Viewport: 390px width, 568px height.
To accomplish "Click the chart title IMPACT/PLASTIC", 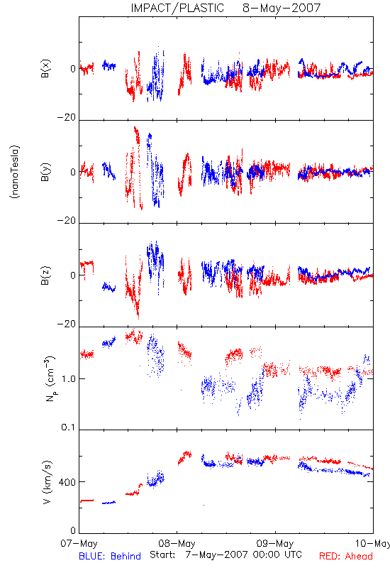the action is click(177, 8).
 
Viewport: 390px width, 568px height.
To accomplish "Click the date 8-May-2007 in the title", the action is click(282, 8).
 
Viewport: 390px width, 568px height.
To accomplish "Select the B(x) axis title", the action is click(45, 69).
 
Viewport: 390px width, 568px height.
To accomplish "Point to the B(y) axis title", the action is click(45, 172).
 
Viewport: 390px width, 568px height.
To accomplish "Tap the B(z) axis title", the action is click(45, 275).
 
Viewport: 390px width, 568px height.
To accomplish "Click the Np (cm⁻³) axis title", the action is click(50, 379).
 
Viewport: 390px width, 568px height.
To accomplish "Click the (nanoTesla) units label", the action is click(15, 172).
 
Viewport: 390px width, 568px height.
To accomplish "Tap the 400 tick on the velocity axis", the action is click(67, 482).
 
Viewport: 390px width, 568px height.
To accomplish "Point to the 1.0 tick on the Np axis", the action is click(69, 379).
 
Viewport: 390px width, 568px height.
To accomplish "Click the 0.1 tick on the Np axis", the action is click(68, 427).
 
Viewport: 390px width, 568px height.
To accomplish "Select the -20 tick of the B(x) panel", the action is click(67, 117).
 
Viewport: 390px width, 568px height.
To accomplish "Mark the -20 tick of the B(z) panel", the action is click(67, 324).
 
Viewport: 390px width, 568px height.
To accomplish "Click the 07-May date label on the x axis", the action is click(79, 543).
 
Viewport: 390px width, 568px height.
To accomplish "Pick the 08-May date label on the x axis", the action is click(177, 543).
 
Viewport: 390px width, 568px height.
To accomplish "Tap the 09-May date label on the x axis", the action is click(275, 543).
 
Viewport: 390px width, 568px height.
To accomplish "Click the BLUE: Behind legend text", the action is click(110, 556).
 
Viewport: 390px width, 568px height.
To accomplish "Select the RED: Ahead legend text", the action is click(345, 556).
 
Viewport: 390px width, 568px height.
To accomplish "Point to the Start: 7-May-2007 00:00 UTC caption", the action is click(225, 555).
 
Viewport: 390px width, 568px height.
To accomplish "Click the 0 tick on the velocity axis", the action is click(73, 530).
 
